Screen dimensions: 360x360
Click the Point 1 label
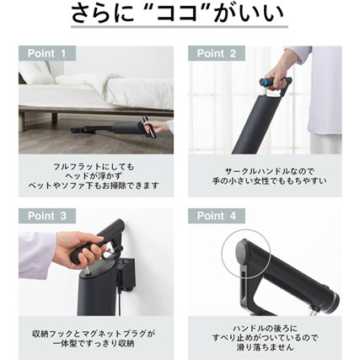coord(47,53)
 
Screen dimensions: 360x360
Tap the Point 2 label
coord(217,53)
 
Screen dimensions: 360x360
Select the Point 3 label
coord(47,216)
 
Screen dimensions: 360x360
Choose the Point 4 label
coord(217,216)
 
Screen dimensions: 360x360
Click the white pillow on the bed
coord(35,73)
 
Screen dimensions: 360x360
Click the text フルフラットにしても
coord(94,167)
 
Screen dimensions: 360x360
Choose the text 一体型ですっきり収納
coord(94,343)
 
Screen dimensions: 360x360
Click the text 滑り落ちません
coord(266,347)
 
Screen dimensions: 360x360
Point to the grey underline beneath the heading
coord(180,27)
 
